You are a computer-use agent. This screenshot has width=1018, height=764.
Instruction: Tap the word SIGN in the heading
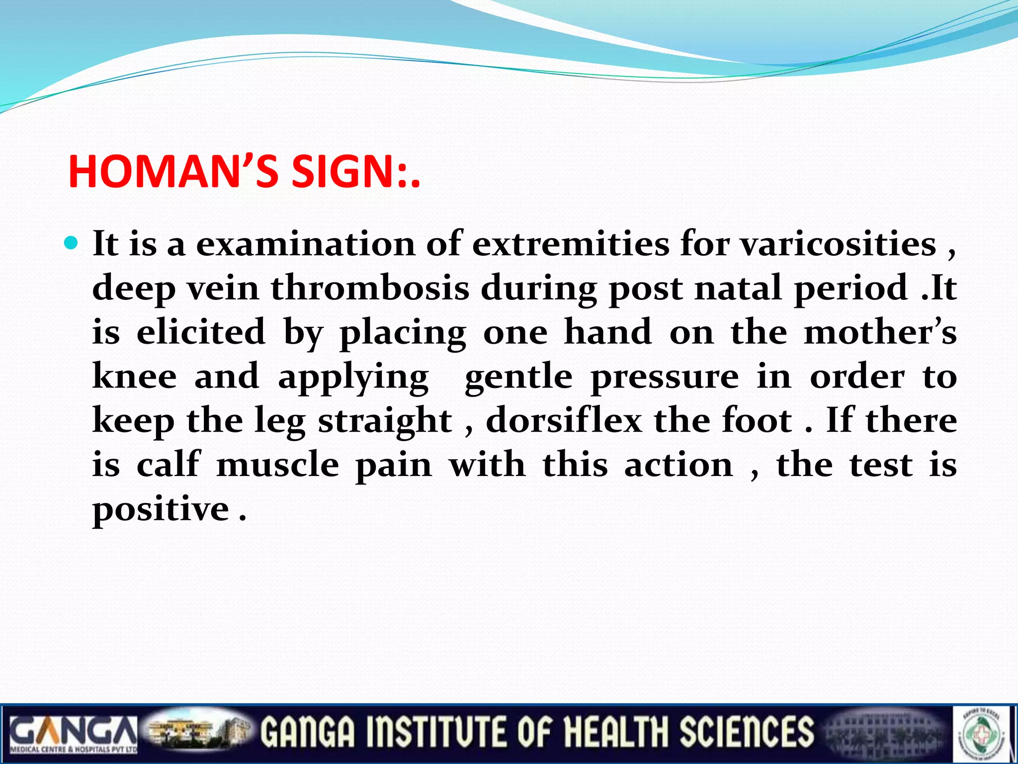coord(342,172)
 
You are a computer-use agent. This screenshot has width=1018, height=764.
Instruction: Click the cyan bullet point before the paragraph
coord(72,243)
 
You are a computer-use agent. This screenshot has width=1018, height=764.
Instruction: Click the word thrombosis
coord(370,288)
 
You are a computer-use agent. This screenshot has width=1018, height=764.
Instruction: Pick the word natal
coord(738,288)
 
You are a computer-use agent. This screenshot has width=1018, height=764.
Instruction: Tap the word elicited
coord(201,332)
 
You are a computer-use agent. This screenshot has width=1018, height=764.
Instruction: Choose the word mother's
coord(880,332)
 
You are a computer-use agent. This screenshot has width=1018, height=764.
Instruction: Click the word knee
coord(134,376)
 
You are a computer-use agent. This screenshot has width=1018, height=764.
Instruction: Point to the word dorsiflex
coord(564,420)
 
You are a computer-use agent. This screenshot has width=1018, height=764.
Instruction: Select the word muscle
coord(278,464)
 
